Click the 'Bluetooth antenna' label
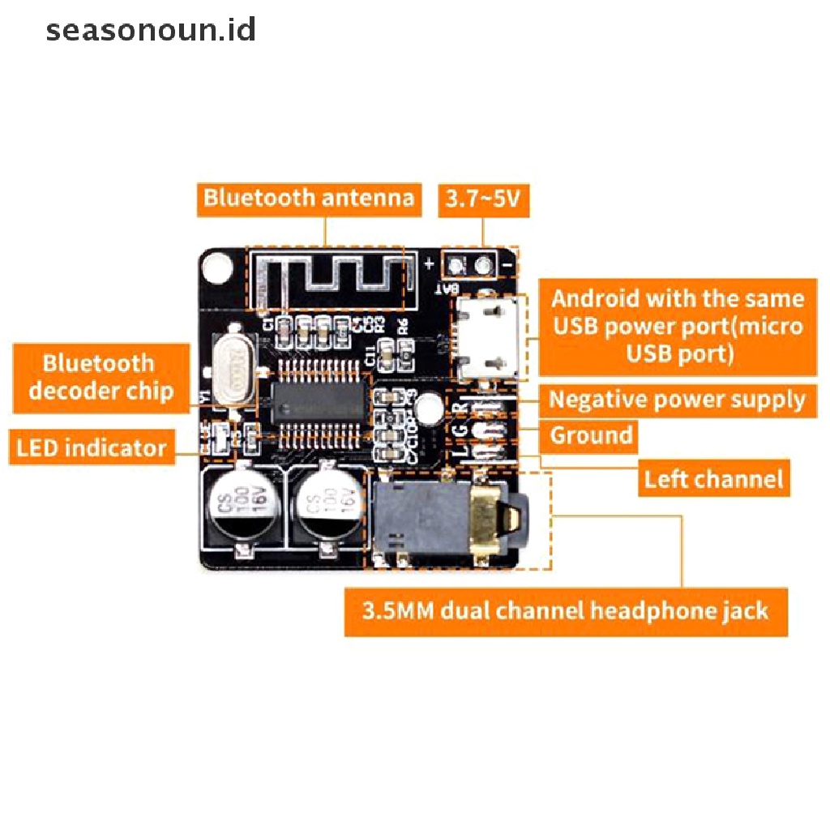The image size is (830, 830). click(x=309, y=199)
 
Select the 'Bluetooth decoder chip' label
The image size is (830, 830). click(x=101, y=377)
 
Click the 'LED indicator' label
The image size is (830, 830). click(x=92, y=447)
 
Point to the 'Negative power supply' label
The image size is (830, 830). click(x=678, y=400)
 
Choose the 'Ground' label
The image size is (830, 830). click(x=591, y=436)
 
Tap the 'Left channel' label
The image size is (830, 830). click(x=714, y=479)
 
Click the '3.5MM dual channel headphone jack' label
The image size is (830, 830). click(x=566, y=610)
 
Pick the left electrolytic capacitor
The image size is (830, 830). click(x=241, y=507)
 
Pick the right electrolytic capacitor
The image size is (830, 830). click(x=327, y=507)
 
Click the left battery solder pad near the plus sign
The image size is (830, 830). click(x=456, y=264)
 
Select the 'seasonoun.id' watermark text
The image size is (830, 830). click(x=151, y=31)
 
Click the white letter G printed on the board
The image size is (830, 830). click(x=460, y=429)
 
